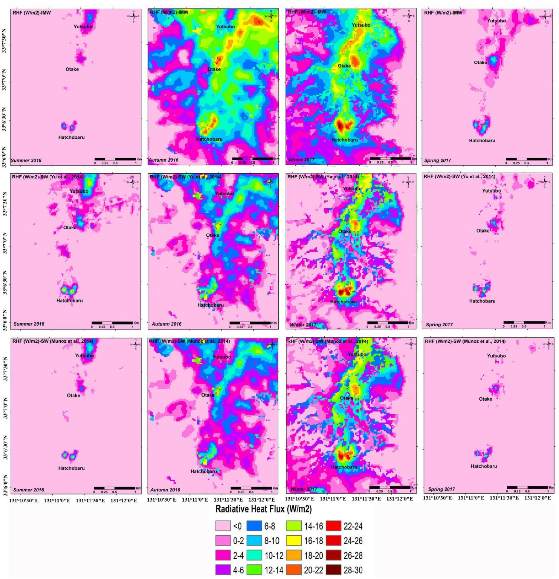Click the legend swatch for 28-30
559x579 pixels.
333,570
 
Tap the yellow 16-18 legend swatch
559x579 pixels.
294,540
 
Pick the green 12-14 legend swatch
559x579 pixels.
254,570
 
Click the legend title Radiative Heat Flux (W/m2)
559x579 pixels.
263,509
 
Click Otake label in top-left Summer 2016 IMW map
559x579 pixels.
72,69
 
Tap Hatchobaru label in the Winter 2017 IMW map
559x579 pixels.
344,140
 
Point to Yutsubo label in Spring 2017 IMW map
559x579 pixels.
496,21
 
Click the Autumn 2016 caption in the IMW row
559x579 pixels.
164,160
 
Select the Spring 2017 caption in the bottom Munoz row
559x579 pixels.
441,489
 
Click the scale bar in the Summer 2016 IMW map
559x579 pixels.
115,160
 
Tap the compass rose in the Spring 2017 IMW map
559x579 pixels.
545,16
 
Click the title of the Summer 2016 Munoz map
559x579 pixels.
53,341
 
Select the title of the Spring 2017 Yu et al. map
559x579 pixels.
459,177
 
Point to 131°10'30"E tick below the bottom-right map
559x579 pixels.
437,498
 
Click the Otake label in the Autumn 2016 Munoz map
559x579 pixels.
208,395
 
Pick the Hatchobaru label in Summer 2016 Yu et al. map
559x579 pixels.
70,301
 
